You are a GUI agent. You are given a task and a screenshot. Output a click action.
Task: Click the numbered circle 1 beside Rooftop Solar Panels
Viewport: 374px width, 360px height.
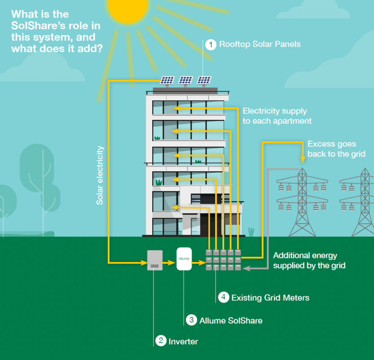211,45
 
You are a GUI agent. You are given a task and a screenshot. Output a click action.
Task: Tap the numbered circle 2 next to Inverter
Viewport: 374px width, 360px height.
161,341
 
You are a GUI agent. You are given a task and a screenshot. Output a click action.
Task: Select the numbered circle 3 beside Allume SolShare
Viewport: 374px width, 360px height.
191,320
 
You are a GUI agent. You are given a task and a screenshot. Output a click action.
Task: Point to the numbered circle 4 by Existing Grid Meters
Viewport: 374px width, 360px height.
224,297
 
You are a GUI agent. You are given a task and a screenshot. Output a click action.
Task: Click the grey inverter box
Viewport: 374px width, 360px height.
155,260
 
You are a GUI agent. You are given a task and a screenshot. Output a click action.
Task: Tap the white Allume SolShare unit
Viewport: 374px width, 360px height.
184,259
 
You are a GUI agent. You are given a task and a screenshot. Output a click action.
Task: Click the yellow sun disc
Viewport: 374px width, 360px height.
128,8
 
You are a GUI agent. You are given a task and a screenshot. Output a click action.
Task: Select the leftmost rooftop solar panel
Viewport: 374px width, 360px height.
167,80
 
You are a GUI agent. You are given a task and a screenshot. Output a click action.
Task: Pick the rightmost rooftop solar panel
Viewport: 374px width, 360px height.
204,80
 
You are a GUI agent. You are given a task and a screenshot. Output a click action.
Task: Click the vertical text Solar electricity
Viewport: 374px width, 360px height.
100,176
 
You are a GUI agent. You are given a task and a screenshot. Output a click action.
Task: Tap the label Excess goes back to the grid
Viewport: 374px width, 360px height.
336,149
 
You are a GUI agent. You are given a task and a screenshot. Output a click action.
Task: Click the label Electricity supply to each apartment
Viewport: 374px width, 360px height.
277,116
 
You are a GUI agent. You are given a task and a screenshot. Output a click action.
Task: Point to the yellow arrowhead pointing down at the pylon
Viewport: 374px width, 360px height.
303,160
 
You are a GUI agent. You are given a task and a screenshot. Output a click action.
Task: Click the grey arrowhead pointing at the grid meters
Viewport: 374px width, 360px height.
247,268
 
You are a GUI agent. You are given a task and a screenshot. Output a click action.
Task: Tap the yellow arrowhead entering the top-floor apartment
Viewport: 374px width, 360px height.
177,108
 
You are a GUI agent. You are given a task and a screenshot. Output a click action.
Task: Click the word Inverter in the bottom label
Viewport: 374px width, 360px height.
183,341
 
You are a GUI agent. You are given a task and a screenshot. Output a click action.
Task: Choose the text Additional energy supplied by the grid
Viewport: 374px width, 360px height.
309,260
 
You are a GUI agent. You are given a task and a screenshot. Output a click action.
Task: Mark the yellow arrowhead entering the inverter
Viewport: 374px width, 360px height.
144,263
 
